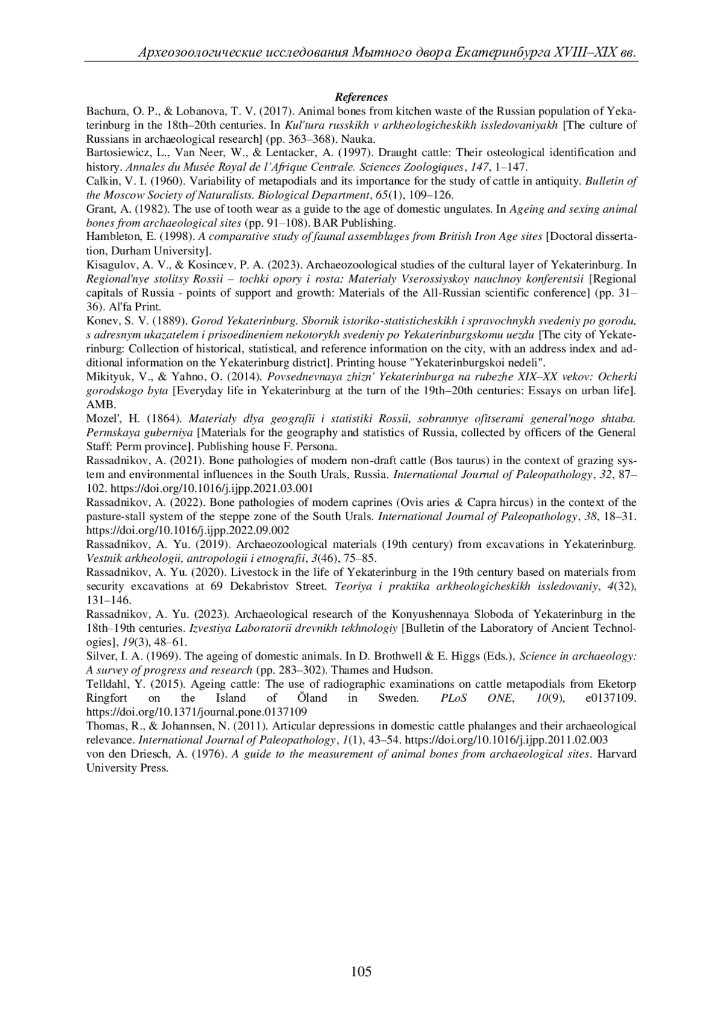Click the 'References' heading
coord(361,97)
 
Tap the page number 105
coord(361,971)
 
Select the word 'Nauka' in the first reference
coord(360,139)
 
